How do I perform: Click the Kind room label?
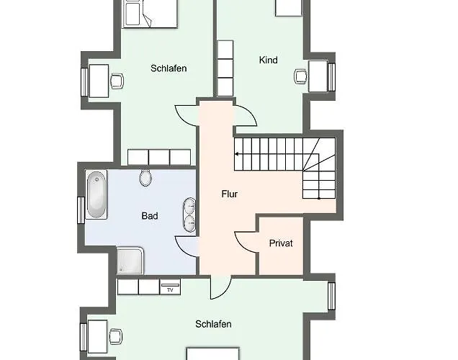click(x=268, y=60)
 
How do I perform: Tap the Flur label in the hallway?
click(x=230, y=194)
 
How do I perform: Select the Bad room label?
click(x=150, y=216)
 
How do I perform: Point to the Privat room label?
click(x=281, y=243)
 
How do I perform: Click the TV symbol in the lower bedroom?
click(x=170, y=287)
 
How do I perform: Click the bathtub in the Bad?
click(x=96, y=194)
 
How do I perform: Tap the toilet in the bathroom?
click(x=145, y=177)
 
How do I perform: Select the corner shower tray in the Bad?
click(x=130, y=261)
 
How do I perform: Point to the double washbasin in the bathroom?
click(x=189, y=215)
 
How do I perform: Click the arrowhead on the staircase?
click(x=236, y=154)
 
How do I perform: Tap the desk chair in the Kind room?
click(x=300, y=76)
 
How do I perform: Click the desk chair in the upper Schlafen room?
click(x=117, y=81)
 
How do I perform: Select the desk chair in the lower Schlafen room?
click(x=116, y=336)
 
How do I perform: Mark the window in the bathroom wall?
click(x=81, y=210)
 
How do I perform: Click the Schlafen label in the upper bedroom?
click(x=169, y=68)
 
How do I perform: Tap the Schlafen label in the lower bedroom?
click(x=213, y=324)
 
